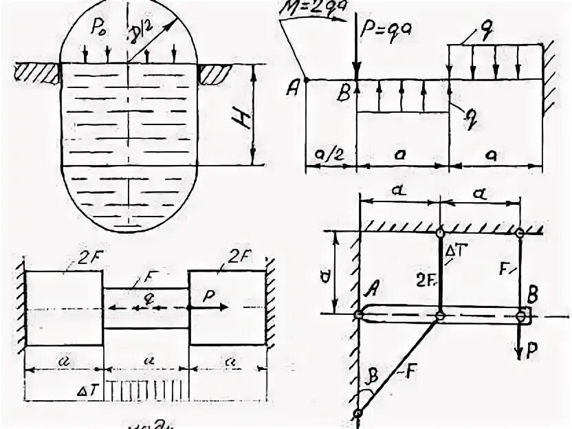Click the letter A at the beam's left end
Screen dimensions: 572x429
click(296, 87)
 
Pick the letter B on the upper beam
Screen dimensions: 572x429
click(343, 95)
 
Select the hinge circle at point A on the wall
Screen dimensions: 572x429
click(358, 316)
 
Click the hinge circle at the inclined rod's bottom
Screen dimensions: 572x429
click(358, 414)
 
